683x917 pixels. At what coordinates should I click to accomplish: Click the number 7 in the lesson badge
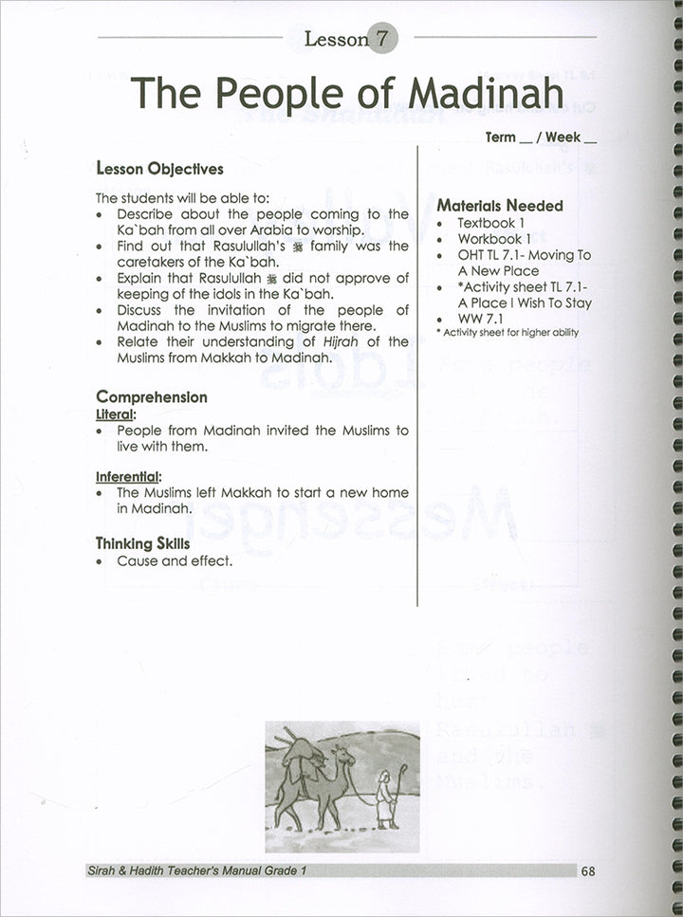pyautogui.click(x=381, y=39)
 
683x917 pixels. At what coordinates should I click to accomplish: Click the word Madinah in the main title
pyautogui.click(x=485, y=92)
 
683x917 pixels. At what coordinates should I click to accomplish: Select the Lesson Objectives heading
pyautogui.click(x=160, y=169)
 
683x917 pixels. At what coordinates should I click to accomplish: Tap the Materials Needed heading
pyautogui.click(x=500, y=205)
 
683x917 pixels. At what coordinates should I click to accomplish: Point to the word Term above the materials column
pyautogui.click(x=501, y=138)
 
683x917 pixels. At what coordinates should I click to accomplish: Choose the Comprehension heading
pyautogui.click(x=152, y=397)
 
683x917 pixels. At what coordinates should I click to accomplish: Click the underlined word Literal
pyautogui.click(x=116, y=414)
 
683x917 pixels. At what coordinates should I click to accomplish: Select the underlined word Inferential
pyautogui.click(x=128, y=476)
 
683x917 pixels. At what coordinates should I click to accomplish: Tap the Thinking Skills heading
pyautogui.click(x=142, y=543)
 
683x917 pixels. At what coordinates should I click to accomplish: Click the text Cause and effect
pyautogui.click(x=175, y=561)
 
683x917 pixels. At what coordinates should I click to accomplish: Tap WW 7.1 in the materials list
pyautogui.click(x=480, y=319)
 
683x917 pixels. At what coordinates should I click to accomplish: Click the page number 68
pyautogui.click(x=588, y=871)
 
